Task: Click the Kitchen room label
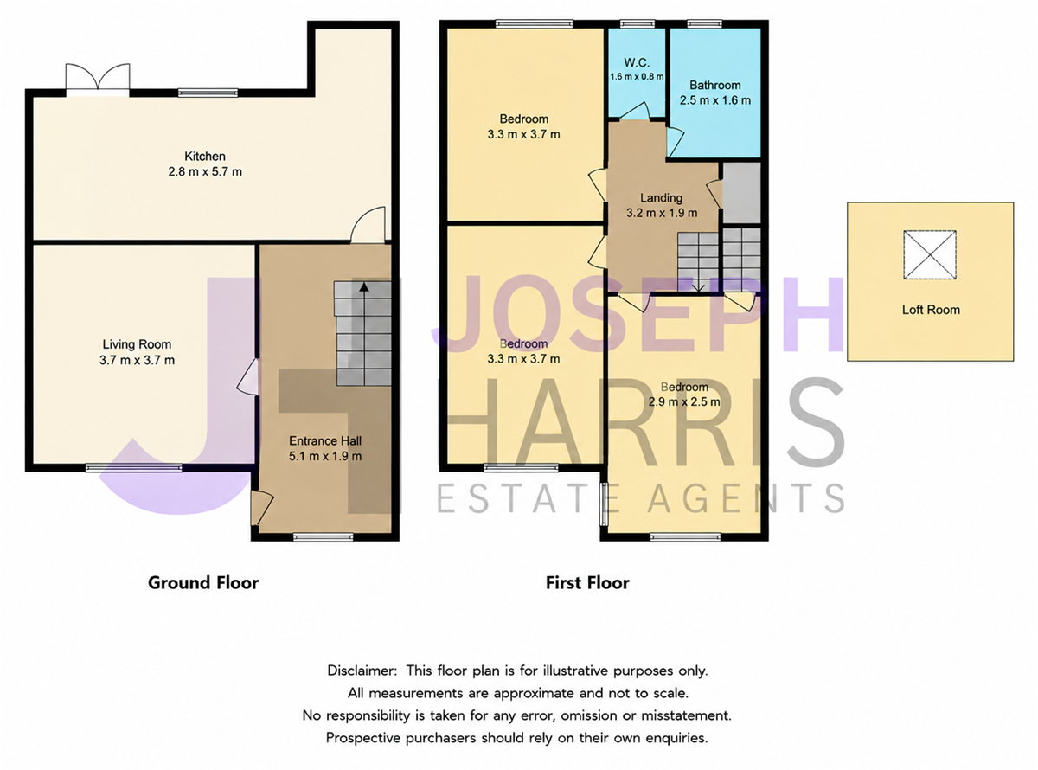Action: pyautogui.click(x=204, y=156)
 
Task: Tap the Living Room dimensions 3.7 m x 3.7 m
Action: pyautogui.click(x=138, y=360)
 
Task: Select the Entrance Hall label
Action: pyautogui.click(x=325, y=440)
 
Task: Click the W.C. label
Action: pyautogui.click(x=637, y=62)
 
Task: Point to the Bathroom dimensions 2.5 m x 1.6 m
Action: pyautogui.click(x=715, y=100)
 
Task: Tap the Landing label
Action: pyautogui.click(x=661, y=198)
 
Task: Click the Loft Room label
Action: pyautogui.click(x=931, y=310)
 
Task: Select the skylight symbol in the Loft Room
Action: pyautogui.click(x=929, y=254)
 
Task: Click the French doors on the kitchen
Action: pyautogui.click(x=98, y=80)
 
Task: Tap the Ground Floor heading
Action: pyautogui.click(x=203, y=583)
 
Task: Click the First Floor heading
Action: pyautogui.click(x=587, y=583)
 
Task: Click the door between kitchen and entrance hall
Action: pyautogui.click(x=368, y=225)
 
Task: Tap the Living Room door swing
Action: pyautogui.click(x=247, y=377)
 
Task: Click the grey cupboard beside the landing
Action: pyautogui.click(x=742, y=193)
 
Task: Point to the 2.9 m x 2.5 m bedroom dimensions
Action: pyautogui.click(x=684, y=401)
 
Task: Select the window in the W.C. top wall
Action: pyautogui.click(x=637, y=24)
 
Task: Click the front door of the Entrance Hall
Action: pyautogui.click(x=261, y=508)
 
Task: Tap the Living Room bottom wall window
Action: pyautogui.click(x=134, y=467)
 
